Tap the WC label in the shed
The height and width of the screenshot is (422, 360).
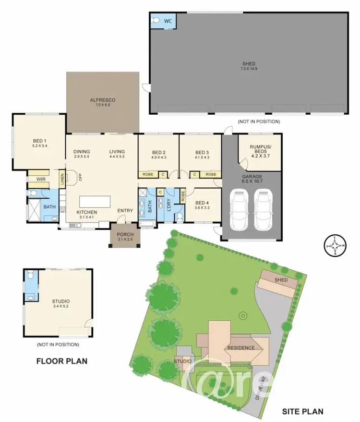click(x=168, y=21)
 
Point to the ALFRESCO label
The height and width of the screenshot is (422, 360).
click(x=103, y=102)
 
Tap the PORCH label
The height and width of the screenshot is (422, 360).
click(x=125, y=237)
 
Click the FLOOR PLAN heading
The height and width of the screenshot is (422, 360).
click(x=62, y=361)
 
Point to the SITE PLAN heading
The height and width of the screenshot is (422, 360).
click(x=302, y=411)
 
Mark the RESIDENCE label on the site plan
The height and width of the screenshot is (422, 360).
click(x=241, y=348)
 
